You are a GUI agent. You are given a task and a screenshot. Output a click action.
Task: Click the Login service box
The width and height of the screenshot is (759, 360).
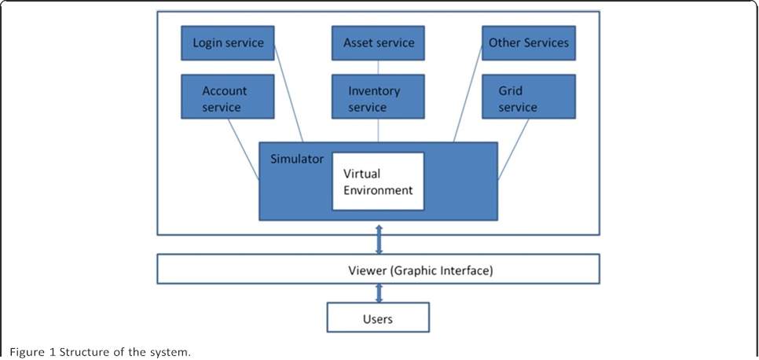click(x=228, y=42)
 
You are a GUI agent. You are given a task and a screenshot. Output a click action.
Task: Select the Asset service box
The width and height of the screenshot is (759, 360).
click(x=378, y=42)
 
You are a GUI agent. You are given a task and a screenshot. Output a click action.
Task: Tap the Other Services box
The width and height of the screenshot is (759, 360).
click(x=528, y=42)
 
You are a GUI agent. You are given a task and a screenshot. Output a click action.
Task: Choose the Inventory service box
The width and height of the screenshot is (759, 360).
click(x=378, y=98)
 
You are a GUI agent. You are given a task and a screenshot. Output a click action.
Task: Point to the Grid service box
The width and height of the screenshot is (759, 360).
click(x=528, y=98)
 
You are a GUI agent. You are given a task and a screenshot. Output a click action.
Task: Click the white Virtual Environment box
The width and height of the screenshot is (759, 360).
click(x=378, y=181)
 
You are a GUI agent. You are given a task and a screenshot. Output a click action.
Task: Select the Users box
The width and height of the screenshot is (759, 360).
click(x=378, y=318)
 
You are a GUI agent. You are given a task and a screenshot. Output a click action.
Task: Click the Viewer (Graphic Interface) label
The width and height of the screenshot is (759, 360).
click(x=420, y=271)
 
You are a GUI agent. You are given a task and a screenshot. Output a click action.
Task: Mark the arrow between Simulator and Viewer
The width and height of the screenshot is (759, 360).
click(x=379, y=238)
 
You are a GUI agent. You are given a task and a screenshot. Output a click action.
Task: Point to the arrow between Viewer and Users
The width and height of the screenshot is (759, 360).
click(x=379, y=293)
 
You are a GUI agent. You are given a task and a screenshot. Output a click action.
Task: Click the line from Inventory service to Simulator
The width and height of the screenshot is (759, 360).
click(x=378, y=130)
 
